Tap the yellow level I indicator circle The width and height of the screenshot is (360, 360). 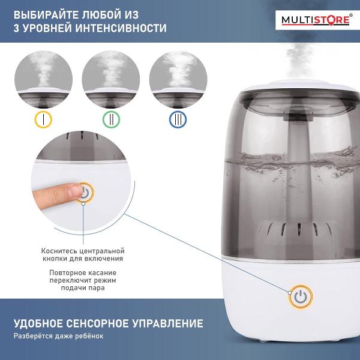pyautogui.click(x=44, y=119)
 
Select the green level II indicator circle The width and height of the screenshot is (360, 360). pyautogui.click(x=110, y=119)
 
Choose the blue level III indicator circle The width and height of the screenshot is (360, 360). pyautogui.click(x=177, y=119)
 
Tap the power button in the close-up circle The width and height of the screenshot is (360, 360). pyautogui.click(x=85, y=193)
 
